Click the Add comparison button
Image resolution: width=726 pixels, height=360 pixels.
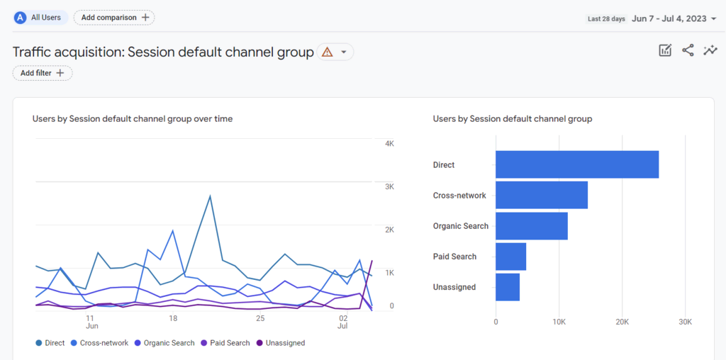click(x=114, y=17)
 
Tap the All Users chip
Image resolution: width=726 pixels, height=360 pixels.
click(x=40, y=17)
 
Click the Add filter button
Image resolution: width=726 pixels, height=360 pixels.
click(x=43, y=73)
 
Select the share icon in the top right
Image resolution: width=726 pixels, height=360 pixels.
click(x=688, y=50)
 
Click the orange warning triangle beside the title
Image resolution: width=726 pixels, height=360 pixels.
click(x=327, y=52)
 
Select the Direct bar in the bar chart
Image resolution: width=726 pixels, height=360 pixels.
click(x=576, y=164)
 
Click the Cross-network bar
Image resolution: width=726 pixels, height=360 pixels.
click(x=541, y=195)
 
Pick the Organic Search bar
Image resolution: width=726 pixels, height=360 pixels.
click(x=531, y=226)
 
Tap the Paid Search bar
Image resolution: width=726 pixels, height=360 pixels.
click(x=510, y=257)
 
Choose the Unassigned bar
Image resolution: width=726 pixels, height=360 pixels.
click(x=507, y=287)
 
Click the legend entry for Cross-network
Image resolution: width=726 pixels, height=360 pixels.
click(x=103, y=343)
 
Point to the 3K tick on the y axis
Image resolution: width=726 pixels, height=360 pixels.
click(x=389, y=186)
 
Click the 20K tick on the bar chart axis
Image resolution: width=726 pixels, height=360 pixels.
click(x=622, y=322)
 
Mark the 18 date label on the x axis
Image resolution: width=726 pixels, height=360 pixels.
click(x=173, y=318)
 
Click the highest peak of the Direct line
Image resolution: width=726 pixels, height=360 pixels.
click(x=210, y=196)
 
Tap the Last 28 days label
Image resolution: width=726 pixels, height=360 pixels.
click(x=607, y=19)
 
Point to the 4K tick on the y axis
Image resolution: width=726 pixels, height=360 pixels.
click(x=389, y=144)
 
